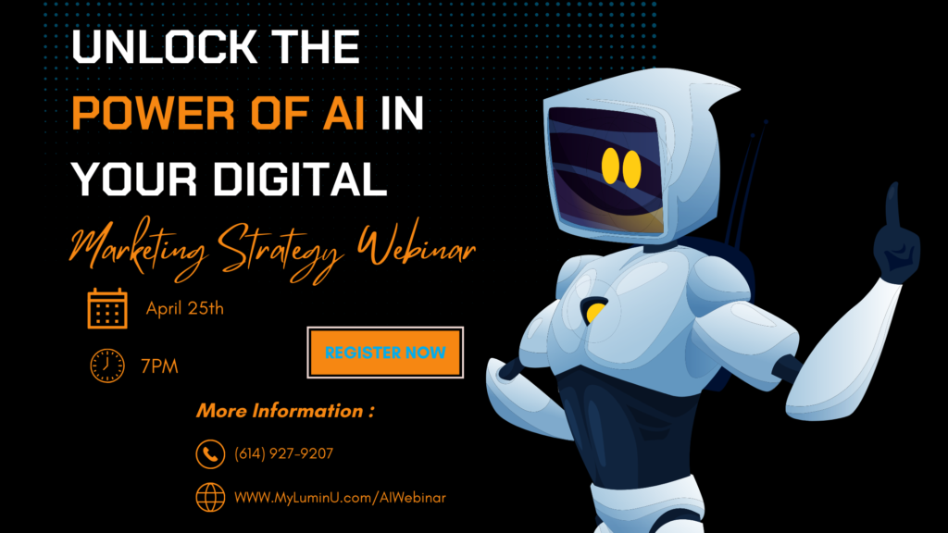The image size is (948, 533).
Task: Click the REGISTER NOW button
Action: click(x=385, y=353)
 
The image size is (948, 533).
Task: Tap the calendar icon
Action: click(x=107, y=308)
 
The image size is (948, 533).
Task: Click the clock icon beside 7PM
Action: click(x=107, y=366)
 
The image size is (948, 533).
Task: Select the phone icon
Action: click(x=210, y=453)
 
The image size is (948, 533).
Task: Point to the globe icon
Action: click(x=210, y=497)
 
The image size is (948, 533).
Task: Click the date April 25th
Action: click(x=185, y=308)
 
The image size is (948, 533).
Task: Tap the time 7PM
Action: click(x=159, y=366)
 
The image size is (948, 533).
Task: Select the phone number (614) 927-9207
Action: click(x=283, y=453)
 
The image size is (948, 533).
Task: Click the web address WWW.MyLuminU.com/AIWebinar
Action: click(x=340, y=497)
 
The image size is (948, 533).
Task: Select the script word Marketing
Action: click(x=139, y=251)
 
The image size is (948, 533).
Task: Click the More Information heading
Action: click(x=285, y=411)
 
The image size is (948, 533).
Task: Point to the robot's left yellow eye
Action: click(x=610, y=166)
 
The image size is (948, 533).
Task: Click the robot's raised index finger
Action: click(x=892, y=205)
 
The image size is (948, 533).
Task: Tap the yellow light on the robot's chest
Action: click(x=595, y=312)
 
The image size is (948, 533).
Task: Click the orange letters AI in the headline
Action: click(x=343, y=113)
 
